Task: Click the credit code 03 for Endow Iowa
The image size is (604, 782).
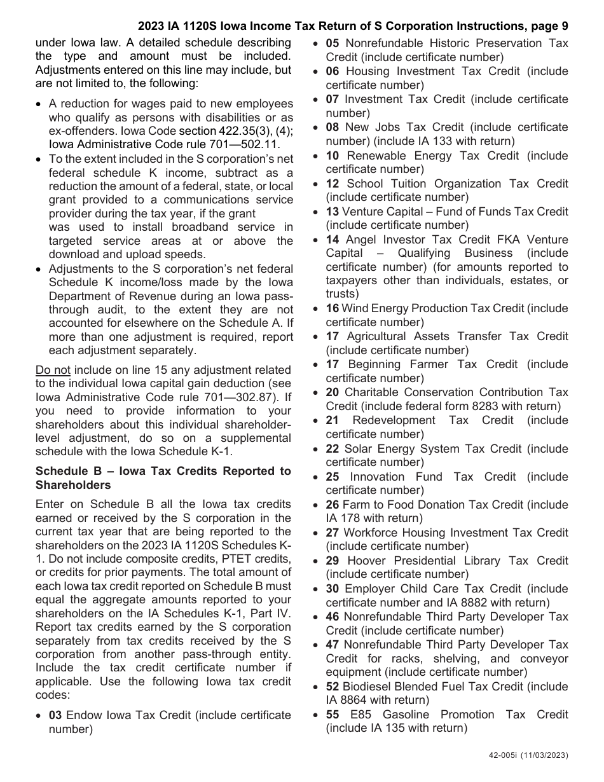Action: pos(55,715)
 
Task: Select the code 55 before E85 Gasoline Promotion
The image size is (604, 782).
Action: pos(333,715)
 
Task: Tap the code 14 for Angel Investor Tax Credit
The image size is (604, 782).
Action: pos(333,240)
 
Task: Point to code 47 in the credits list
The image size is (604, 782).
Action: pos(333,645)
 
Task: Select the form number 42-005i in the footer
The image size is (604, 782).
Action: pos(504,755)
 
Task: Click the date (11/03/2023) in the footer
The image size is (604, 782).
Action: pos(545,755)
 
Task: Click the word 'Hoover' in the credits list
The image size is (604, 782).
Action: pos(366,561)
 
